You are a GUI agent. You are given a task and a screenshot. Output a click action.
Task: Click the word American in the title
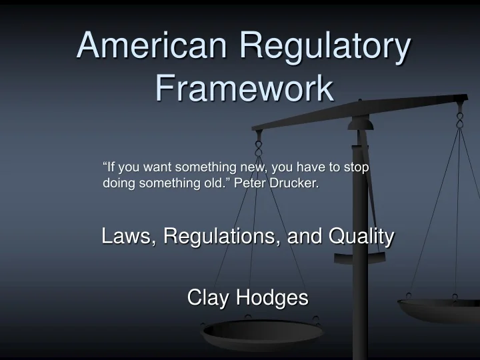click(152, 45)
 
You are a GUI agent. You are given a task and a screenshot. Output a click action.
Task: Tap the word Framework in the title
click(245, 88)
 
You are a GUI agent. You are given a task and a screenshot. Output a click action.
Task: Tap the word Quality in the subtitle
click(361, 237)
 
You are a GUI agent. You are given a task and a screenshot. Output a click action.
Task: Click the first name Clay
click(207, 297)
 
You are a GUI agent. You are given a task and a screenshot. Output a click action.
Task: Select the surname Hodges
click(272, 298)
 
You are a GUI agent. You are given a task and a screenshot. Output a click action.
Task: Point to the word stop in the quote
click(356, 168)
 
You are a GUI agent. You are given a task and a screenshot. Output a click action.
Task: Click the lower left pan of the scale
click(262, 334)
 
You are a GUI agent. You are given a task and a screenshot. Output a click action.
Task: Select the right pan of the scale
click(439, 310)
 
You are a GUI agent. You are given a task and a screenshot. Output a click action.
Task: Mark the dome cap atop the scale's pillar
click(361, 124)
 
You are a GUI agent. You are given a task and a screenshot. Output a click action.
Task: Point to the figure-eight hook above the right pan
click(459, 120)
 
